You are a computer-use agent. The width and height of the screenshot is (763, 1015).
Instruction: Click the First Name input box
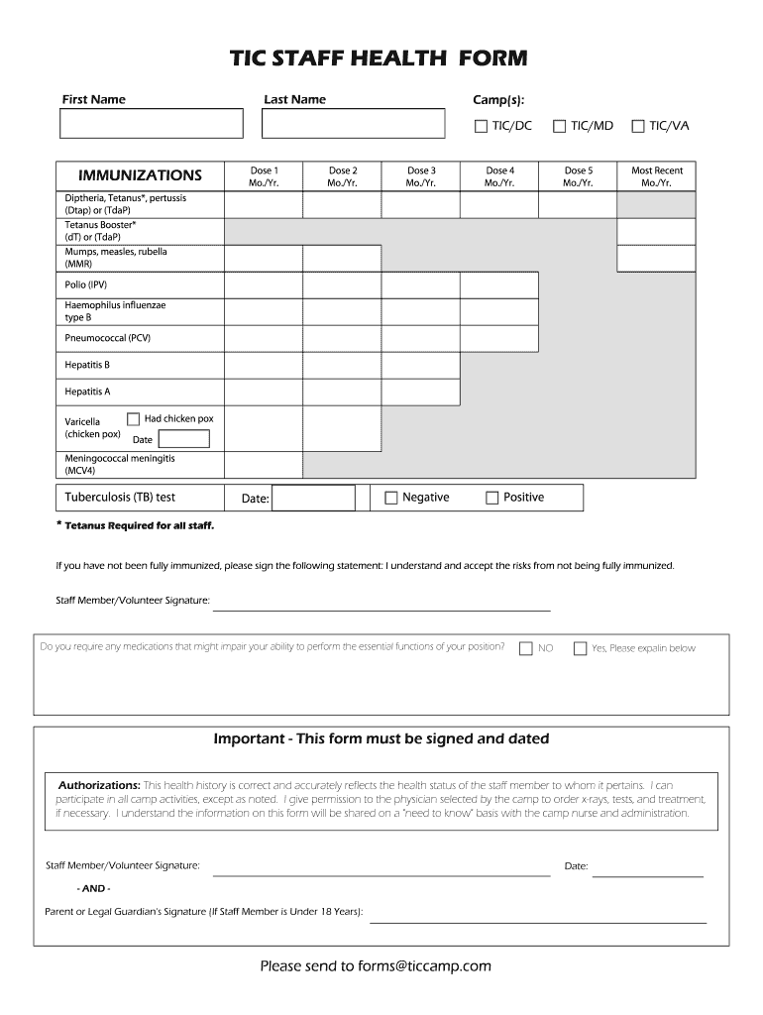pos(151,124)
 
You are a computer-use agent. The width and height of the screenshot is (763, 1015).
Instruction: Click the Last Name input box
pos(353,124)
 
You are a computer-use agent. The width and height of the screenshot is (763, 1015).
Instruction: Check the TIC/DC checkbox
pos(482,126)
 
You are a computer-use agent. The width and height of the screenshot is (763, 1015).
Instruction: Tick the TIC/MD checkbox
pos(560,126)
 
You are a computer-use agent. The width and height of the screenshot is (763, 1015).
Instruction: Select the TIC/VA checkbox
pos(638,126)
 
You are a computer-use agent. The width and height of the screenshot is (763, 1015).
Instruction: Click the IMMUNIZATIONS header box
pos(140,175)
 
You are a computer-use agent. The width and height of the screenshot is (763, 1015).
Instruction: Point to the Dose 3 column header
pos(421,176)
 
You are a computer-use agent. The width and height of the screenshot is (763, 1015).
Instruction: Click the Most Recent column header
pos(656,176)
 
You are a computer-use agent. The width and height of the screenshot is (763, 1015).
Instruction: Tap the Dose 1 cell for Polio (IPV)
pos(263,285)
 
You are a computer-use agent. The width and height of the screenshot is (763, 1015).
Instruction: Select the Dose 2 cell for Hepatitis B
pos(342,365)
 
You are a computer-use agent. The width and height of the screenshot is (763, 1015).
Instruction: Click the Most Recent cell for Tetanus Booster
pos(656,231)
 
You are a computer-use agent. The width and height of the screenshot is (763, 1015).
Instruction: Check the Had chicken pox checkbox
pos(134,419)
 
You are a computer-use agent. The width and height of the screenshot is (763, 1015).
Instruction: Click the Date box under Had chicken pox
pos(184,439)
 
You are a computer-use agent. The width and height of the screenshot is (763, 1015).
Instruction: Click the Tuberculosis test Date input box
pos(312,498)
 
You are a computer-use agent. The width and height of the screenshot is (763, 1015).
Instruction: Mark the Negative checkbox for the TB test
pos(391,498)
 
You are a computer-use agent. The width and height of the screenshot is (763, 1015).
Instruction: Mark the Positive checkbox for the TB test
pos(492,498)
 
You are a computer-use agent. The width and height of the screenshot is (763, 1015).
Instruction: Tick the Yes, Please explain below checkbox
pos(580,648)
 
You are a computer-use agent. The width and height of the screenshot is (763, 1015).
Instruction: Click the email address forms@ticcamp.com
pos(417,966)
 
